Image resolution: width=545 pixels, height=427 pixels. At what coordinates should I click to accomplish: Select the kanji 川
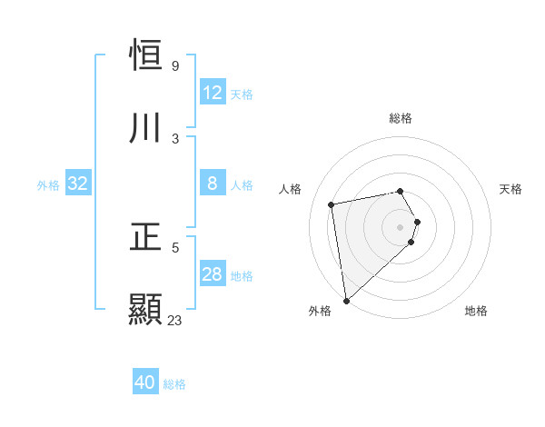(x=146, y=128)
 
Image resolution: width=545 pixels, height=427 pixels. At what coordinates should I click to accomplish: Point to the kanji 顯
(x=146, y=309)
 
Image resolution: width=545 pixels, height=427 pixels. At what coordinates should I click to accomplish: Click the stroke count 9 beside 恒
(x=175, y=66)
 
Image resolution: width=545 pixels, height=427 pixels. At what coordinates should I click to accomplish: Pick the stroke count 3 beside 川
(x=175, y=138)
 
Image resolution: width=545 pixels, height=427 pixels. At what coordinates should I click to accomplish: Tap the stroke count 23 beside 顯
(x=175, y=320)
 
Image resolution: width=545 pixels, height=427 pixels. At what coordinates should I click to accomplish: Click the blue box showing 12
(x=213, y=93)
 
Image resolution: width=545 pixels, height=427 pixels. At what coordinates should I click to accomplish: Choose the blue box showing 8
(x=213, y=184)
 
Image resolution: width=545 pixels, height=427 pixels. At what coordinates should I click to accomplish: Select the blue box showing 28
(x=213, y=274)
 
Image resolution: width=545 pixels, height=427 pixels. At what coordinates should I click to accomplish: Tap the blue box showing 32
(x=78, y=184)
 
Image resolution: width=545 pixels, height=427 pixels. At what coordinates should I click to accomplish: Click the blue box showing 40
(x=145, y=382)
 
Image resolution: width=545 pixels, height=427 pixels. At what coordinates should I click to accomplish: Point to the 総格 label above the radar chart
(x=401, y=118)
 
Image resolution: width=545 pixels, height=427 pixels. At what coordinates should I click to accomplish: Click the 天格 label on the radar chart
(x=511, y=189)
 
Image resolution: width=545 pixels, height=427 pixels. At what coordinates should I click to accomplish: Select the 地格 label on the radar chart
(x=476, y=311)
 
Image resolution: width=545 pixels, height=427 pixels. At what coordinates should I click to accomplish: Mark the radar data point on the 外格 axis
(x=345, y=300)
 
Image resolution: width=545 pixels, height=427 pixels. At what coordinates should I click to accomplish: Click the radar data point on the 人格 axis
(x=332, y=204)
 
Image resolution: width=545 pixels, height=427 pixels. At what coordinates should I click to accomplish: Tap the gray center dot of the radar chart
(x=401, y=226)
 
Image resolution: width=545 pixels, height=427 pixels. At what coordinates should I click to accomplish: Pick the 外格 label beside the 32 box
(x=48, y=184)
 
